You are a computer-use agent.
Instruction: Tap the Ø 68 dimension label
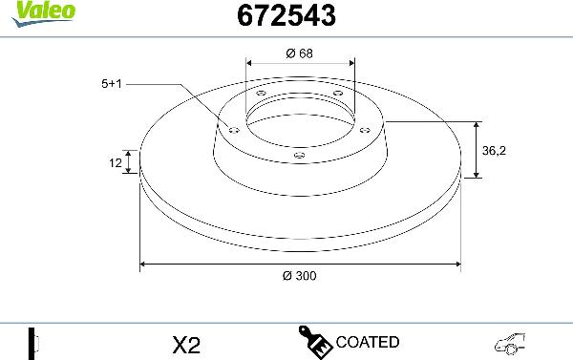click(x=300, y=53)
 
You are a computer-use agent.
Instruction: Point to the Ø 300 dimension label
click(x=300, y=275)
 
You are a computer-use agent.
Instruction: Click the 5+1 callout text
click(x=112, y=84)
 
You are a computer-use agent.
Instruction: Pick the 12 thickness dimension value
click(x=116, y=163)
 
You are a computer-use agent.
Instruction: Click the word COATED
click(x=368, y=342)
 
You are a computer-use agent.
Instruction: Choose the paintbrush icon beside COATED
click(x=315, y=341)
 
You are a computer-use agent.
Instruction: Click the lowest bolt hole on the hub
click(x=299, y=153)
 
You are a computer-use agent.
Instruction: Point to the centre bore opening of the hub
click(x=300, y=119)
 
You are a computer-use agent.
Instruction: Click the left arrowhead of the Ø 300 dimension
click(x=144, y=263)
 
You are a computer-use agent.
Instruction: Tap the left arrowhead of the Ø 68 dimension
click(x=250, y=65)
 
